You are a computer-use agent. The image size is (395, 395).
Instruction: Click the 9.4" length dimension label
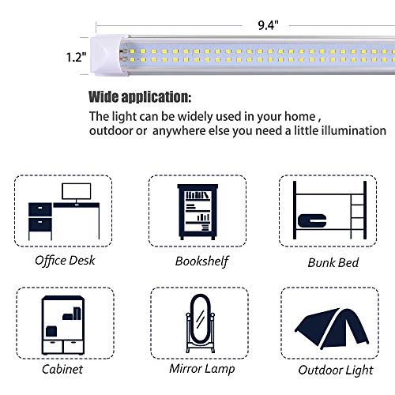tap(268, 25)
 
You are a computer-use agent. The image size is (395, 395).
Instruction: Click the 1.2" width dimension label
tap(76, 57)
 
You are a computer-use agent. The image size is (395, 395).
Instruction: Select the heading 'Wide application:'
tap(140, 97)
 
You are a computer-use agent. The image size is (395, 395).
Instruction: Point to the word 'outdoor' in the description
tap(111, 130)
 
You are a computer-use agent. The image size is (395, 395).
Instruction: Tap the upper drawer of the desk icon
tap(40, 209)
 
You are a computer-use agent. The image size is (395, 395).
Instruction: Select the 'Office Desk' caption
tap(65, 261)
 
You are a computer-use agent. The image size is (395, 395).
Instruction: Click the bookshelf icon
tap(197, 212)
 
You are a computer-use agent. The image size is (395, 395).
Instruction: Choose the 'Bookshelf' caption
tap(201, 261)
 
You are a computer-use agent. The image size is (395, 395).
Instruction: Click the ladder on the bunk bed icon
tap(359, 216)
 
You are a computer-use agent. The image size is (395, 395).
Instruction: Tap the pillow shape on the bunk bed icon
tap(312, 220)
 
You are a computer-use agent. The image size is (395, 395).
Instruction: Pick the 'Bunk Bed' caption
tap(333, 263)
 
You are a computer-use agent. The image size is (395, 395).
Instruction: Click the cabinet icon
tap(63, 325)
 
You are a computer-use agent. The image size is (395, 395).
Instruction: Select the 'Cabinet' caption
tap(62, 369)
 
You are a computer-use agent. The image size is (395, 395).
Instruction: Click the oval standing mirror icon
tap(201, 324)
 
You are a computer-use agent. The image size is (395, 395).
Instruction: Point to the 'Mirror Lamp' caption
tap(201, 369)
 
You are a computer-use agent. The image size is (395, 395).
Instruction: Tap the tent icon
tap(332, 329)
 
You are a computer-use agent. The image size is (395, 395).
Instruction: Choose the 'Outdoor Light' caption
tap(336, 370)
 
